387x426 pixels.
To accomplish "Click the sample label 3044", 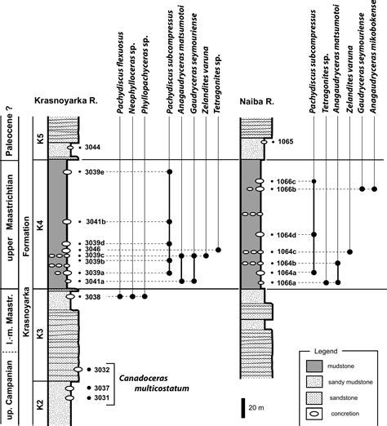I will (92, 147).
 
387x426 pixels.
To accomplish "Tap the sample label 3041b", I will (96, 222).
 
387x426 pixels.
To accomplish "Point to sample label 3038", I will (92, 297).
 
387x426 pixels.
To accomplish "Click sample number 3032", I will (100, 370).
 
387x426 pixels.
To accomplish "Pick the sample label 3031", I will (100, 397).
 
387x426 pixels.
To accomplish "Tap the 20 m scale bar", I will (242, 406).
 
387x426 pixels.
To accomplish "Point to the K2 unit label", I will (35, 402).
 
